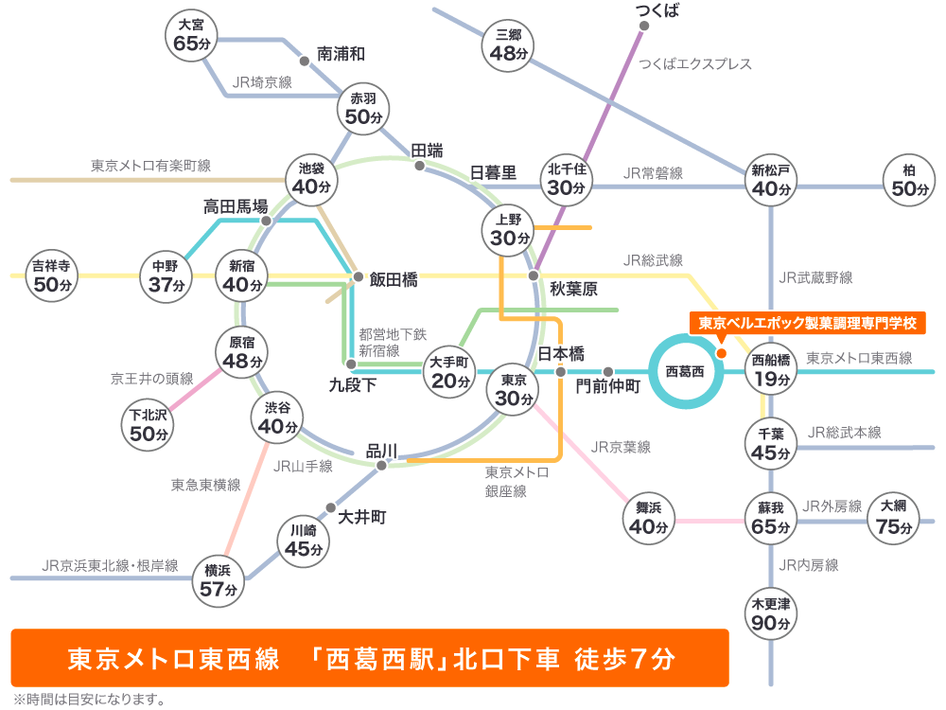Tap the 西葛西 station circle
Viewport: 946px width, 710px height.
tap(685, 371)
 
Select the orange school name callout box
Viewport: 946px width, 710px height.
tap(808, 324)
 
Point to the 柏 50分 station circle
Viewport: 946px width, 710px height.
tap(909, 180)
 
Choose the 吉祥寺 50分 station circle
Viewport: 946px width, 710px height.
tap(53, 275)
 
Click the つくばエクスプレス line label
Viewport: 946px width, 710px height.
tap(695, 64)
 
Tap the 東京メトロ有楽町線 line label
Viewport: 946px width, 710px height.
tap(151, 166)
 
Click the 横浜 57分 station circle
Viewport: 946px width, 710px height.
tap(218, 580)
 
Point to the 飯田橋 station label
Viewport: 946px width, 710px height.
tap(394, 279)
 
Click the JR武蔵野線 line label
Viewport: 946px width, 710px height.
tap(815, 278)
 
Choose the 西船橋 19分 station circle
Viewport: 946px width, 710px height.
tap(770, 370)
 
